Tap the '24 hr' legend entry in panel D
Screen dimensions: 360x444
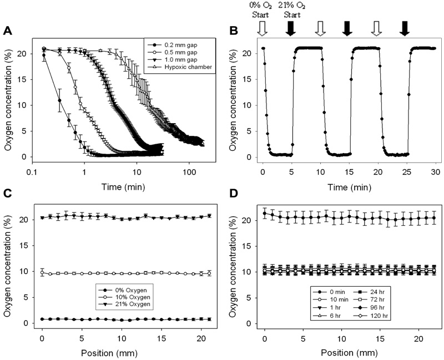click(x=376, y=290)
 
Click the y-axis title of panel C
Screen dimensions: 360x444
click(x=8, y=266)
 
